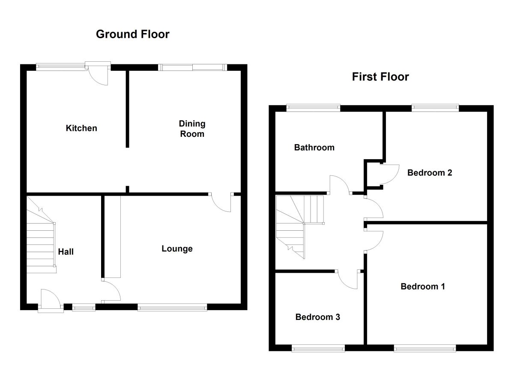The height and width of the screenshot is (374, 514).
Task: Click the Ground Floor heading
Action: [x=132, y=34]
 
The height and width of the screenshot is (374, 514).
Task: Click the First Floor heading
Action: [x=380, y=77]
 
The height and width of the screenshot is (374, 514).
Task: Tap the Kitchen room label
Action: [x=81, y=128]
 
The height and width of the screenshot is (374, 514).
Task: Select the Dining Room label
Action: [x=192, y=129]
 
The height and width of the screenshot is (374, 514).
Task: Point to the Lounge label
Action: [x=177, y=249]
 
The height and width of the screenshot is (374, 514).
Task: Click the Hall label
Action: [x=66, y=252]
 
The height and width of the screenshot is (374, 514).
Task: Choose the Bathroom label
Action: [x=314, y=148]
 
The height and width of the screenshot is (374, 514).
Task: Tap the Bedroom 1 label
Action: [x=423, y=287]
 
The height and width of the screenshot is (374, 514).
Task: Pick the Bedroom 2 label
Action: [x=430, y=173]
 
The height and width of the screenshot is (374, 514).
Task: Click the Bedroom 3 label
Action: [x=317, y=317]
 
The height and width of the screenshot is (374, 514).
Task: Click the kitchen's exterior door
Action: [x=98, y=73]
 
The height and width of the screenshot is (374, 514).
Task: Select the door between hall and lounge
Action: [x=111, y=291]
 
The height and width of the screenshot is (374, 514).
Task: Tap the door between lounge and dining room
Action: [x=221, y=202]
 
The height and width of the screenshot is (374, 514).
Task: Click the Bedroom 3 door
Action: [x=347, y=279]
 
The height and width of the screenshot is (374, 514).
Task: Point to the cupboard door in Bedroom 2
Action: [x=390, y=175]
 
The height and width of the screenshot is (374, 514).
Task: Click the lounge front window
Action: [x=172, y=308]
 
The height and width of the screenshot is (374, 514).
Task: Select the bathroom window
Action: [x=313, y=108]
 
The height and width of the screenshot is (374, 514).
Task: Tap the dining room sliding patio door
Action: [x=192, y=67]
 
